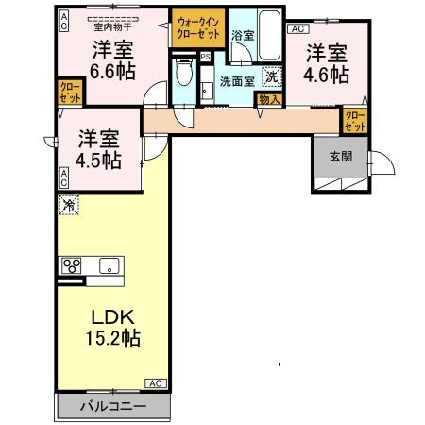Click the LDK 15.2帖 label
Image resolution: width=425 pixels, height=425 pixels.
[115, 325]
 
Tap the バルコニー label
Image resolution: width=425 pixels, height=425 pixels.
[112, 407]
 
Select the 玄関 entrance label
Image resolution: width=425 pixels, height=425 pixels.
[342, 157]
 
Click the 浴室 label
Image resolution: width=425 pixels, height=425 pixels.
[242, 35]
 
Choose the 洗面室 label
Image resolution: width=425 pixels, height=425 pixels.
[236, 81]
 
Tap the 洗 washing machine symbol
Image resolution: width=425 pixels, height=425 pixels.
[272, 77]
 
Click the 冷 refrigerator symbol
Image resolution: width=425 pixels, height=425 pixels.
[69, 204]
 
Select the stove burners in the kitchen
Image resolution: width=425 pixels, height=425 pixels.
[71, 265]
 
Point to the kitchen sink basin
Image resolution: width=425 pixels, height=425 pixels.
[107, 264]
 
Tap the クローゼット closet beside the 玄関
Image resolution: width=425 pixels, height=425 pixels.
[354, 120]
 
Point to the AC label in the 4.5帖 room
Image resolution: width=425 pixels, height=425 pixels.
[64, 175]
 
